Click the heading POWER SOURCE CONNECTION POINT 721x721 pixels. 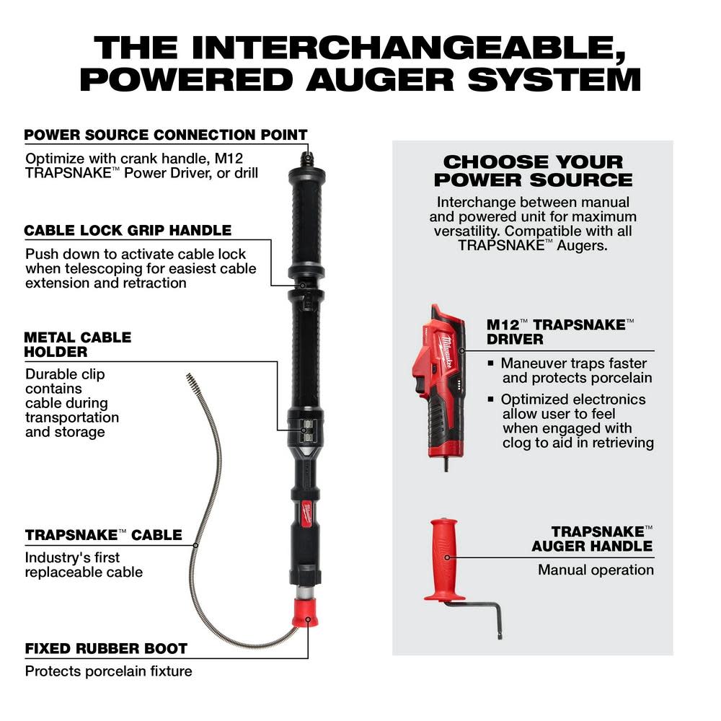(x=166, y=135)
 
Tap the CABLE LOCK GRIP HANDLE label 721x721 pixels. (x=128, y=231)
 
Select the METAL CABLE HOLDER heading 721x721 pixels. (x=77, y=345)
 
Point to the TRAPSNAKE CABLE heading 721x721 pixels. (x=103, y=535)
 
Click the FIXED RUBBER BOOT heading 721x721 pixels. (x=106, y=648)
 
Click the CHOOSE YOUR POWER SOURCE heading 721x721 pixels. (x=533, y=171)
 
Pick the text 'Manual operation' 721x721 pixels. (x=596, y=570)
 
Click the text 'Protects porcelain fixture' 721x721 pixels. (x=109, y=671)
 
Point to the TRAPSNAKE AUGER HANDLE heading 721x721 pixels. (x=591, y=539)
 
